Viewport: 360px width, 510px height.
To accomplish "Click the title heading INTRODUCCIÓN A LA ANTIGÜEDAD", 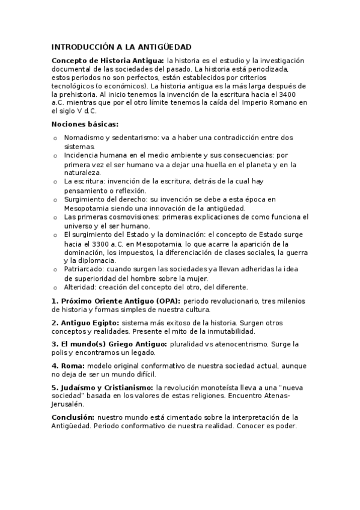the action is (121, 46).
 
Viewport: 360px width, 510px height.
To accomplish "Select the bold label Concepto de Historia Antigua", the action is (107, 61).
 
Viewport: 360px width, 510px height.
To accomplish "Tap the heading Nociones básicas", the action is (85, 124).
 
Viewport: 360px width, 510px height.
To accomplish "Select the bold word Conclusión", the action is (73, 417).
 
